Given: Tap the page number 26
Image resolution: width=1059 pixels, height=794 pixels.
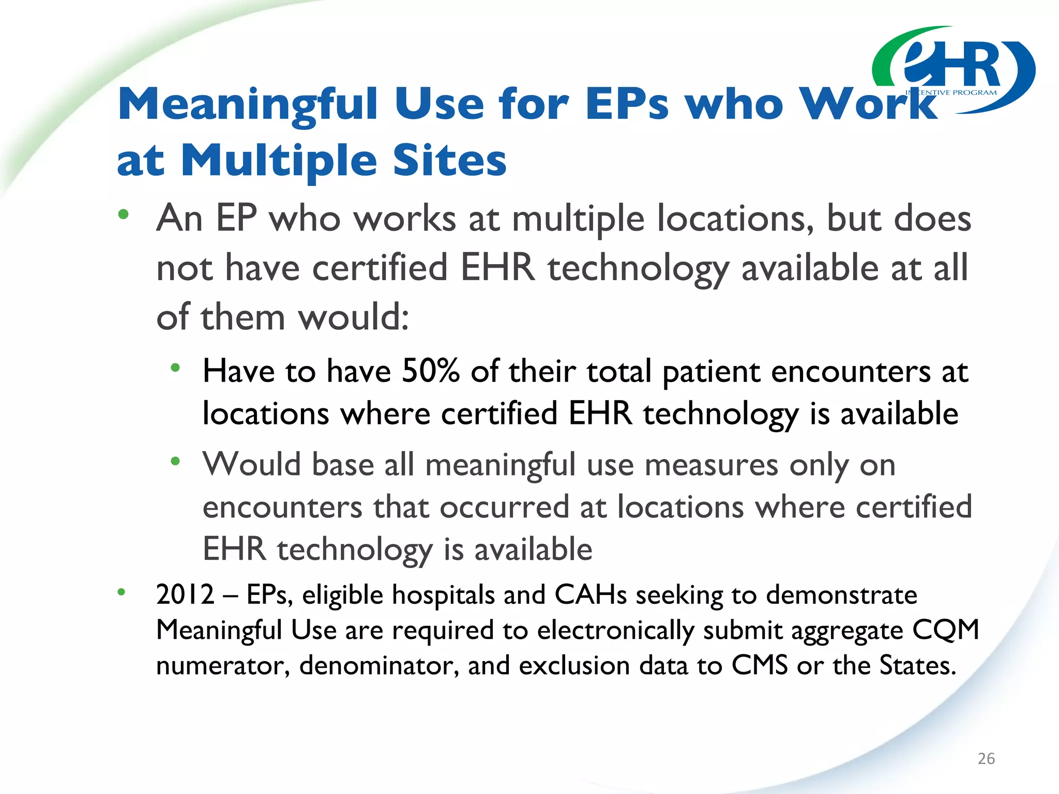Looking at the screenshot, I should (x=986, y=758).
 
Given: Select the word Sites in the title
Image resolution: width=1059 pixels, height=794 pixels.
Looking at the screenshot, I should (x=449, y=161).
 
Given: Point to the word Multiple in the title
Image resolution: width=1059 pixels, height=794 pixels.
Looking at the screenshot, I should (x=279, y=161).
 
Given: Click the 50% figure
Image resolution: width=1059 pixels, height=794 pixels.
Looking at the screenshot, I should (x=430, y=371).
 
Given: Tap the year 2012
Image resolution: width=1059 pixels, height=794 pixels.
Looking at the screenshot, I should (x=185, y=594).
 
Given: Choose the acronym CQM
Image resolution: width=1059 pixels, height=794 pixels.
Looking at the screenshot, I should (x=946, y=630).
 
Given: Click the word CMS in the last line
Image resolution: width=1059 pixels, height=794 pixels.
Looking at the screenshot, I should (x=759, y=665).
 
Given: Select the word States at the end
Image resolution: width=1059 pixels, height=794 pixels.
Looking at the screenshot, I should (x=917, y=665).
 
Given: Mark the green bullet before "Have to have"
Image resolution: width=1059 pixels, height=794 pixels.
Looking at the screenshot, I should (x=176, y=368).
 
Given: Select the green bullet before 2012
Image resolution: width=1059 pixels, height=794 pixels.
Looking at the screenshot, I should (x=122, y=592).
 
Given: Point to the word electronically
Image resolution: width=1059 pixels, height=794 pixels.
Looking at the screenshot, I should (x=615, y=631).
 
